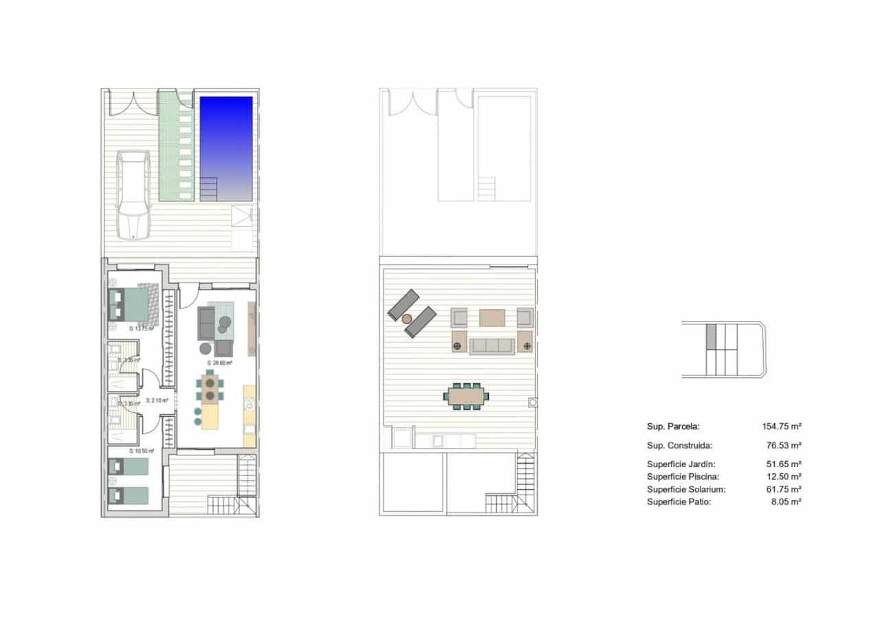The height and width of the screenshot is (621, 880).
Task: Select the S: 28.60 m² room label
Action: click(x=219, y=363)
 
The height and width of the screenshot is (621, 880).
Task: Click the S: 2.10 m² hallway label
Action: click(x=157, y=400)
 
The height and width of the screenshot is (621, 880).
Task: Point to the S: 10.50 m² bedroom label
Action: click(x=142, y=451)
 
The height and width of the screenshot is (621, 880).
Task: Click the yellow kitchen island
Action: click(x=211, y=414)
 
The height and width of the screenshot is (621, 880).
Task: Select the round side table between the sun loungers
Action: click(x=407, y=319)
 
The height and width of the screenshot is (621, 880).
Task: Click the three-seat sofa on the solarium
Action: click(x=492, y=346)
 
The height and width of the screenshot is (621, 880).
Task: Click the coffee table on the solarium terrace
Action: click(x=492, y=317)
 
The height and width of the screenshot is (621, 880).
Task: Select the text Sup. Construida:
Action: click(x=679, y=445)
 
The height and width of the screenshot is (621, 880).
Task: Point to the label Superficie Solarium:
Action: click(x=686, y=489)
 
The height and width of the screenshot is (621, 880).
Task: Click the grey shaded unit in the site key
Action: click(x=712, y=336)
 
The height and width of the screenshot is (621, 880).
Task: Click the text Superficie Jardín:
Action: click(x=681, y=464)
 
